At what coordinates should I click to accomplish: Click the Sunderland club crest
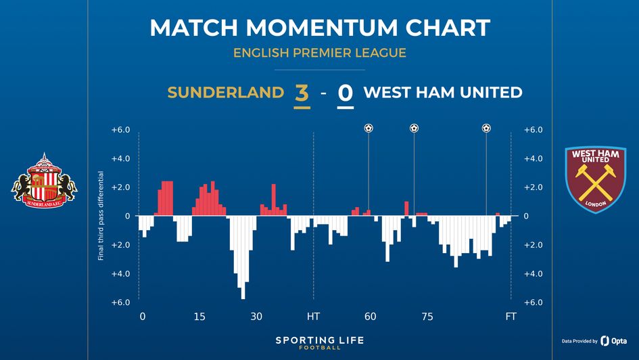(44, 180)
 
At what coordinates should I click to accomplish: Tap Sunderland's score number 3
(302, 93)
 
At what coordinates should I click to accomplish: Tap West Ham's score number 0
(345, 93)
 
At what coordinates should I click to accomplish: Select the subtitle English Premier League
(319, 52)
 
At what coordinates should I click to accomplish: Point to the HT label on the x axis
(313, 317)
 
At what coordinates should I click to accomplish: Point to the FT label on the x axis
(511, 317)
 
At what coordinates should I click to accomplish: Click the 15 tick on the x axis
(199, 317)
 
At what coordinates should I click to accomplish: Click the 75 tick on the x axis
(427, 317)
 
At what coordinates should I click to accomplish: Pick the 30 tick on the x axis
(256, 317)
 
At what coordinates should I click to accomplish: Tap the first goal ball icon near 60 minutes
(369, 128)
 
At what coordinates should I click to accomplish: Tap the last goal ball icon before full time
(486, 128)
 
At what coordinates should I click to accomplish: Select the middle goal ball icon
(414, 128)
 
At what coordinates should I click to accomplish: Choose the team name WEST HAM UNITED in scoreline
(443, 93)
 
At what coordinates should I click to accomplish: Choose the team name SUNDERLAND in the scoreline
(225, 93)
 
